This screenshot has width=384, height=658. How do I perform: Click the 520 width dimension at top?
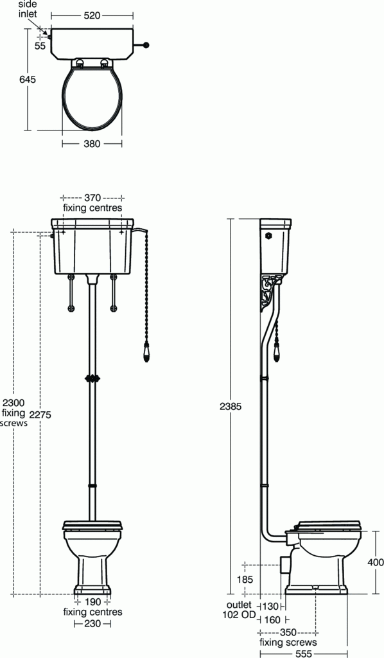(92, 15)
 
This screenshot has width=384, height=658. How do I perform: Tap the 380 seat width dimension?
(92, 144)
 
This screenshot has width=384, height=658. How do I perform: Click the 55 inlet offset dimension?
(40, 46)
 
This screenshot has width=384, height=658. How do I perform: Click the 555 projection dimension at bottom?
(303, 653)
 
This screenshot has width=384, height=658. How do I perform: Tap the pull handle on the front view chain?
(146, 353)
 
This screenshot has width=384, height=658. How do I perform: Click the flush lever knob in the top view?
(147, 45)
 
